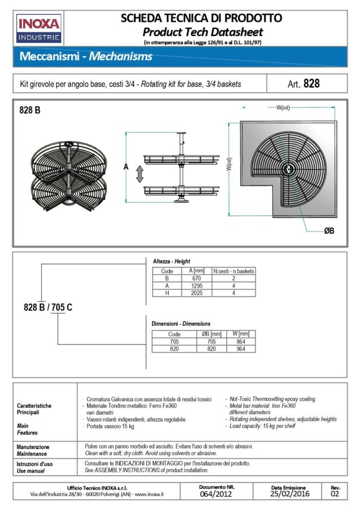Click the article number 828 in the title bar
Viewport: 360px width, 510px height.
(311, 84)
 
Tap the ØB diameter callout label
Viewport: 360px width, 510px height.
(329, 231)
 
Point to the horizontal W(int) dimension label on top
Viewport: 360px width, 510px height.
(282, 108)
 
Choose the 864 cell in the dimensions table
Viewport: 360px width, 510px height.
(240, 341)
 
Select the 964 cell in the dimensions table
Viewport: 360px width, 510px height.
(240, 348)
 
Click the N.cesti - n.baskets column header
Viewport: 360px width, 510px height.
(233, 271)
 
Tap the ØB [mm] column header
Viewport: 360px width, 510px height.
(211, 334)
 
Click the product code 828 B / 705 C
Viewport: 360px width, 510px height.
(48, 307)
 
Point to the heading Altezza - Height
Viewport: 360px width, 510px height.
(172, 262)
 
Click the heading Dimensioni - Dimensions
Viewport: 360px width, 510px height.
(181, 324)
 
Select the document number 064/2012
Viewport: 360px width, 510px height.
(217, 494)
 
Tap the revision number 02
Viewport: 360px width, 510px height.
(335, 494)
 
